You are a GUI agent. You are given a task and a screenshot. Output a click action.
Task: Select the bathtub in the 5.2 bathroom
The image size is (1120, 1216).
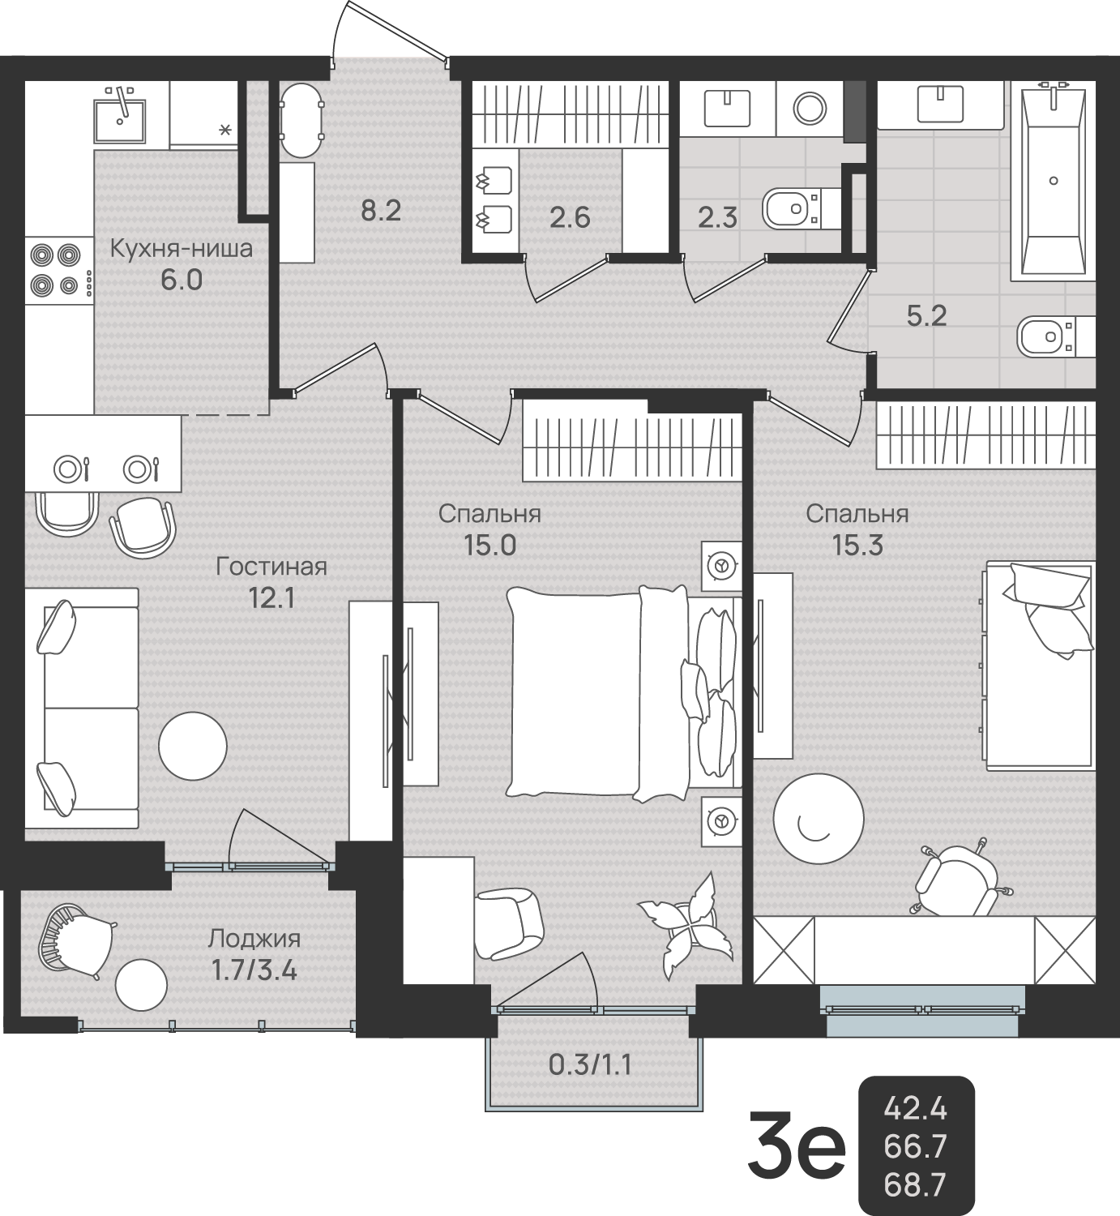pos(1053,184)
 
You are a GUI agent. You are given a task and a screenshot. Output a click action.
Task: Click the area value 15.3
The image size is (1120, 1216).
pos(857,547)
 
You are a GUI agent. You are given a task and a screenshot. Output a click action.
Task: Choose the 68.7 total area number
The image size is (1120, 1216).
pos(915,1184)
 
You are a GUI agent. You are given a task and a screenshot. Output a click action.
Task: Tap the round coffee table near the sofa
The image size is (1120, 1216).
pos(193,746)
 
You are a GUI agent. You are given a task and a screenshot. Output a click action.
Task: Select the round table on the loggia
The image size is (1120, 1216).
pos(141,985)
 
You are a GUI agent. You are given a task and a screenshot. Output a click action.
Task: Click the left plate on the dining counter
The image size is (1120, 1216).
pos(67,468)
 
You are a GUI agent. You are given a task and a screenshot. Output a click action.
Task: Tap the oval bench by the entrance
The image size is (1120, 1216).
pos(301,121)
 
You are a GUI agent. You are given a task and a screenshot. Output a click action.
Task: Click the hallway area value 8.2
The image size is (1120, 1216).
pos(381,212)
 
